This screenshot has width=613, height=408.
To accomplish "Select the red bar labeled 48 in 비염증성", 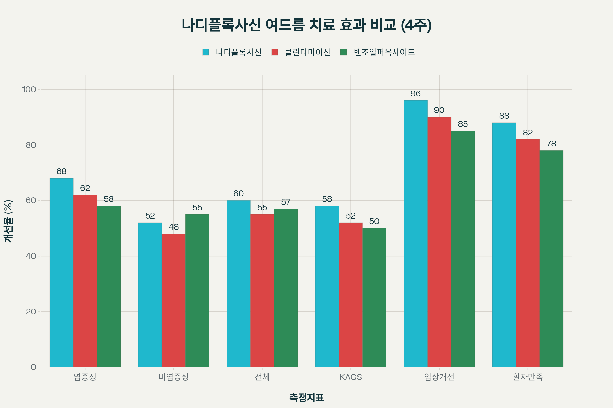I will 174,300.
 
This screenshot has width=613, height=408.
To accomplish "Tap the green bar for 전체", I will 286,288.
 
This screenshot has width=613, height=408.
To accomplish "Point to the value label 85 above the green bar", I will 463,124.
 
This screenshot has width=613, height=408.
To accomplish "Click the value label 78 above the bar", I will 551,144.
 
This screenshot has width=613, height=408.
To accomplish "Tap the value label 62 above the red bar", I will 85,188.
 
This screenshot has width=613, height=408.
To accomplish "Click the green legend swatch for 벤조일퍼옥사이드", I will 344,52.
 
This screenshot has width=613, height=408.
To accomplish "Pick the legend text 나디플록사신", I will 238,52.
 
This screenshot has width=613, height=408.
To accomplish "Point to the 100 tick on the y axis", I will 29,90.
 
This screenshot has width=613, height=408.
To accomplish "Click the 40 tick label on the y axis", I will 31,256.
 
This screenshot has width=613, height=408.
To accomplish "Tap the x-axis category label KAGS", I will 350,377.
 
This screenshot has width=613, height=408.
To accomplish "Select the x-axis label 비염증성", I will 174,377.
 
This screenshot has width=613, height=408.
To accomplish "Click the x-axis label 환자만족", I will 528,377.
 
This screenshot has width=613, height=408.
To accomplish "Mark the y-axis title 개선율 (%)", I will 8,221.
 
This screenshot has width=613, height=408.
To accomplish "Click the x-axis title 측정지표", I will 306,397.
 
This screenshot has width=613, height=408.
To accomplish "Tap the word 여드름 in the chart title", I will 285,25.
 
